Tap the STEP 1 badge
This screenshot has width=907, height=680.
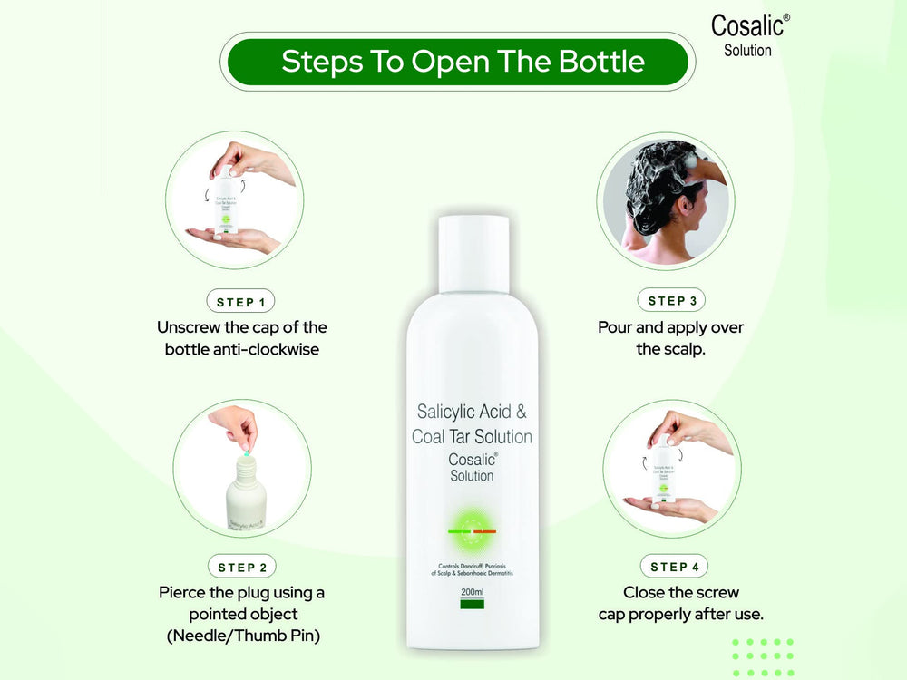[x=241, y=301]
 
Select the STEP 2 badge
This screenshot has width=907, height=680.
[x=242, y=567]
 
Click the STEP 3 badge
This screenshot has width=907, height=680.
[x=672, y=300]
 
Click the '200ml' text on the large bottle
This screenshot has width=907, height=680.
[x=472, y=593]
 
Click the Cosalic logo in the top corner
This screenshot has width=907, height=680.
[x=749, y=34]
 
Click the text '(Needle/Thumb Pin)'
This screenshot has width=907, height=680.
[x=242, y=636]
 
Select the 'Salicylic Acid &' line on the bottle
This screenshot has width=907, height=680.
[x=472, y=411]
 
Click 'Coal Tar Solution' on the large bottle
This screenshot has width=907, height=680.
[x=472, y=437]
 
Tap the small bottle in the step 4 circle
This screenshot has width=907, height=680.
[x=662, y=471]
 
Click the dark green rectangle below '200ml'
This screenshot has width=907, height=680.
[x=472, y=604]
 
